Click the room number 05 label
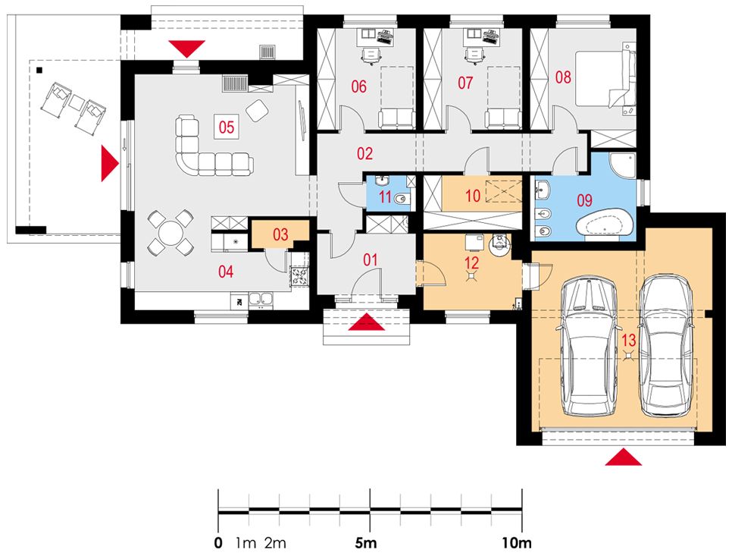click(x=227, y=127)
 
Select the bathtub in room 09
click(x=605, y=224)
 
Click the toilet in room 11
click(x=401, y=199)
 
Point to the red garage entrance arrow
click(x=623, y=457)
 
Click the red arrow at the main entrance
click(x=367, y=322)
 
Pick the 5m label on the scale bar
click(x=366, y=543)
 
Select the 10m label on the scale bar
click(x=518, y=543)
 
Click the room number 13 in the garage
click(x=629, y=340)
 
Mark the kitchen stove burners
click(x=299, y=275)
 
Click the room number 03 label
click(x=280, y=234)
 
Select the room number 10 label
click(x=472, y=196)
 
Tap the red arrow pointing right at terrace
click(x=110, y=163)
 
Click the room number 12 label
click(x=472, y=262)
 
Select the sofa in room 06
click(x=396, y=119)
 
